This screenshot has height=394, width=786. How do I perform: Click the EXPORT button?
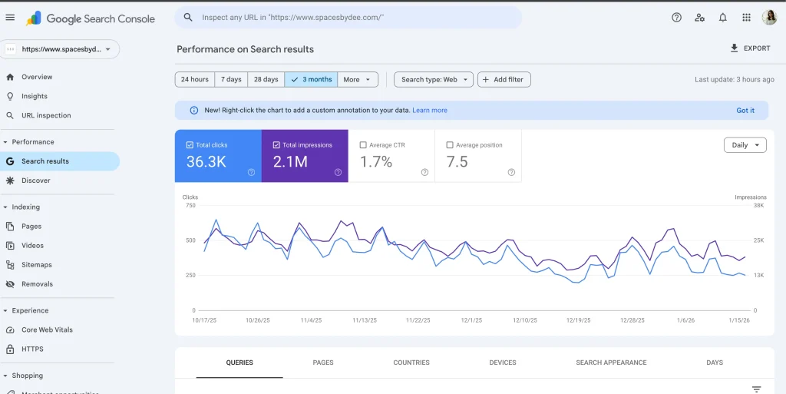point(750,48)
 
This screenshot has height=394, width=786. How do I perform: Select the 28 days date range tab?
point(266,79)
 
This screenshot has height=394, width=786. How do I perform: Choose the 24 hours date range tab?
point(195,79)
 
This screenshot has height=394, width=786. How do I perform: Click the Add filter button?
point(504,79)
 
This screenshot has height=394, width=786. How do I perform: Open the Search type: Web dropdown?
point(433,79)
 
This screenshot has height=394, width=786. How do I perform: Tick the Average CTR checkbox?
point(364,145)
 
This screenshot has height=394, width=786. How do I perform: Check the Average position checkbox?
point(451,145)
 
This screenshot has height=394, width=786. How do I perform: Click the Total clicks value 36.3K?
point(207,162)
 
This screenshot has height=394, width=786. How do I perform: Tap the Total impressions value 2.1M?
point(290,162)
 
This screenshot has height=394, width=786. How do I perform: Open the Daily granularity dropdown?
point(745,145)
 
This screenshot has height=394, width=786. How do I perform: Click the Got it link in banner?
point(745,111)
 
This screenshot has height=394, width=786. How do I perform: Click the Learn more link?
point(429,111)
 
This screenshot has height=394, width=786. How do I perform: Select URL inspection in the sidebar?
point(46,115)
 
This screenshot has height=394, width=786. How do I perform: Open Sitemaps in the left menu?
point(37,265)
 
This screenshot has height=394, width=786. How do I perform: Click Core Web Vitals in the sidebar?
point(47,330)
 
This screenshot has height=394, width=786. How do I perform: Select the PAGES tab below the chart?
point(323,363)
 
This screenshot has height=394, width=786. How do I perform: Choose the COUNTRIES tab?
point(411,363)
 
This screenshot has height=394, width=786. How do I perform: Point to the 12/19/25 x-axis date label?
point(578,320)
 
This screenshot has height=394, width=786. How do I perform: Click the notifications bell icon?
point(722,18)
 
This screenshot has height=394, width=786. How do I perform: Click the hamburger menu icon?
point(10,18)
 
